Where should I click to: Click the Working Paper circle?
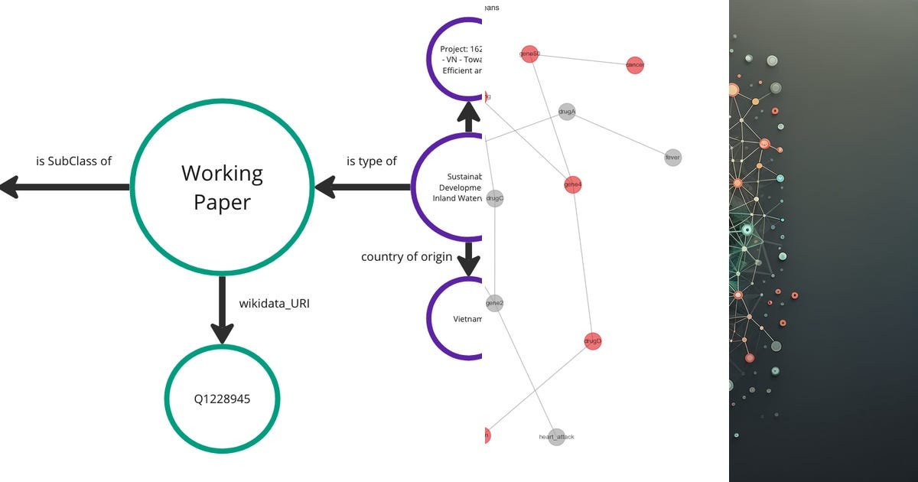pyautogui.click(x=222, y=186)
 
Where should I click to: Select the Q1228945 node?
pyautogui.click(x=222, y=399)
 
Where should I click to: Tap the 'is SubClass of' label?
pyautogui.click(x=73, y=161)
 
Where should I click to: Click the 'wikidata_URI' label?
pyautogui.click(x=274, y=304)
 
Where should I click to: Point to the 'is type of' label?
pyautogui.click(x=372, y=161)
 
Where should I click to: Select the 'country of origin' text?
pyautogui.click(x=406, y=256)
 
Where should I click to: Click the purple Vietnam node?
pyautogui.click(x=459, y=318)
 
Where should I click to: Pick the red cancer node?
pyautogui.click(x=634, y=65)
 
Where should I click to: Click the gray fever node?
pyautogui.click(x=672, y=158)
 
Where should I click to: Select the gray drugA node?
pyautogui.click(x=566, y=112)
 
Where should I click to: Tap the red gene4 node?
pyautogui.click(x=572, y=184)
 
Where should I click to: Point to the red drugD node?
pyautogui.click(x=592, y=340)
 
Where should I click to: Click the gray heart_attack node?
pyautogui.click(x=556, y=437)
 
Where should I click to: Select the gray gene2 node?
pyautogui.click(x=494, y=304)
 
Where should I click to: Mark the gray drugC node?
pyautogui.click(x=494, y=198)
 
